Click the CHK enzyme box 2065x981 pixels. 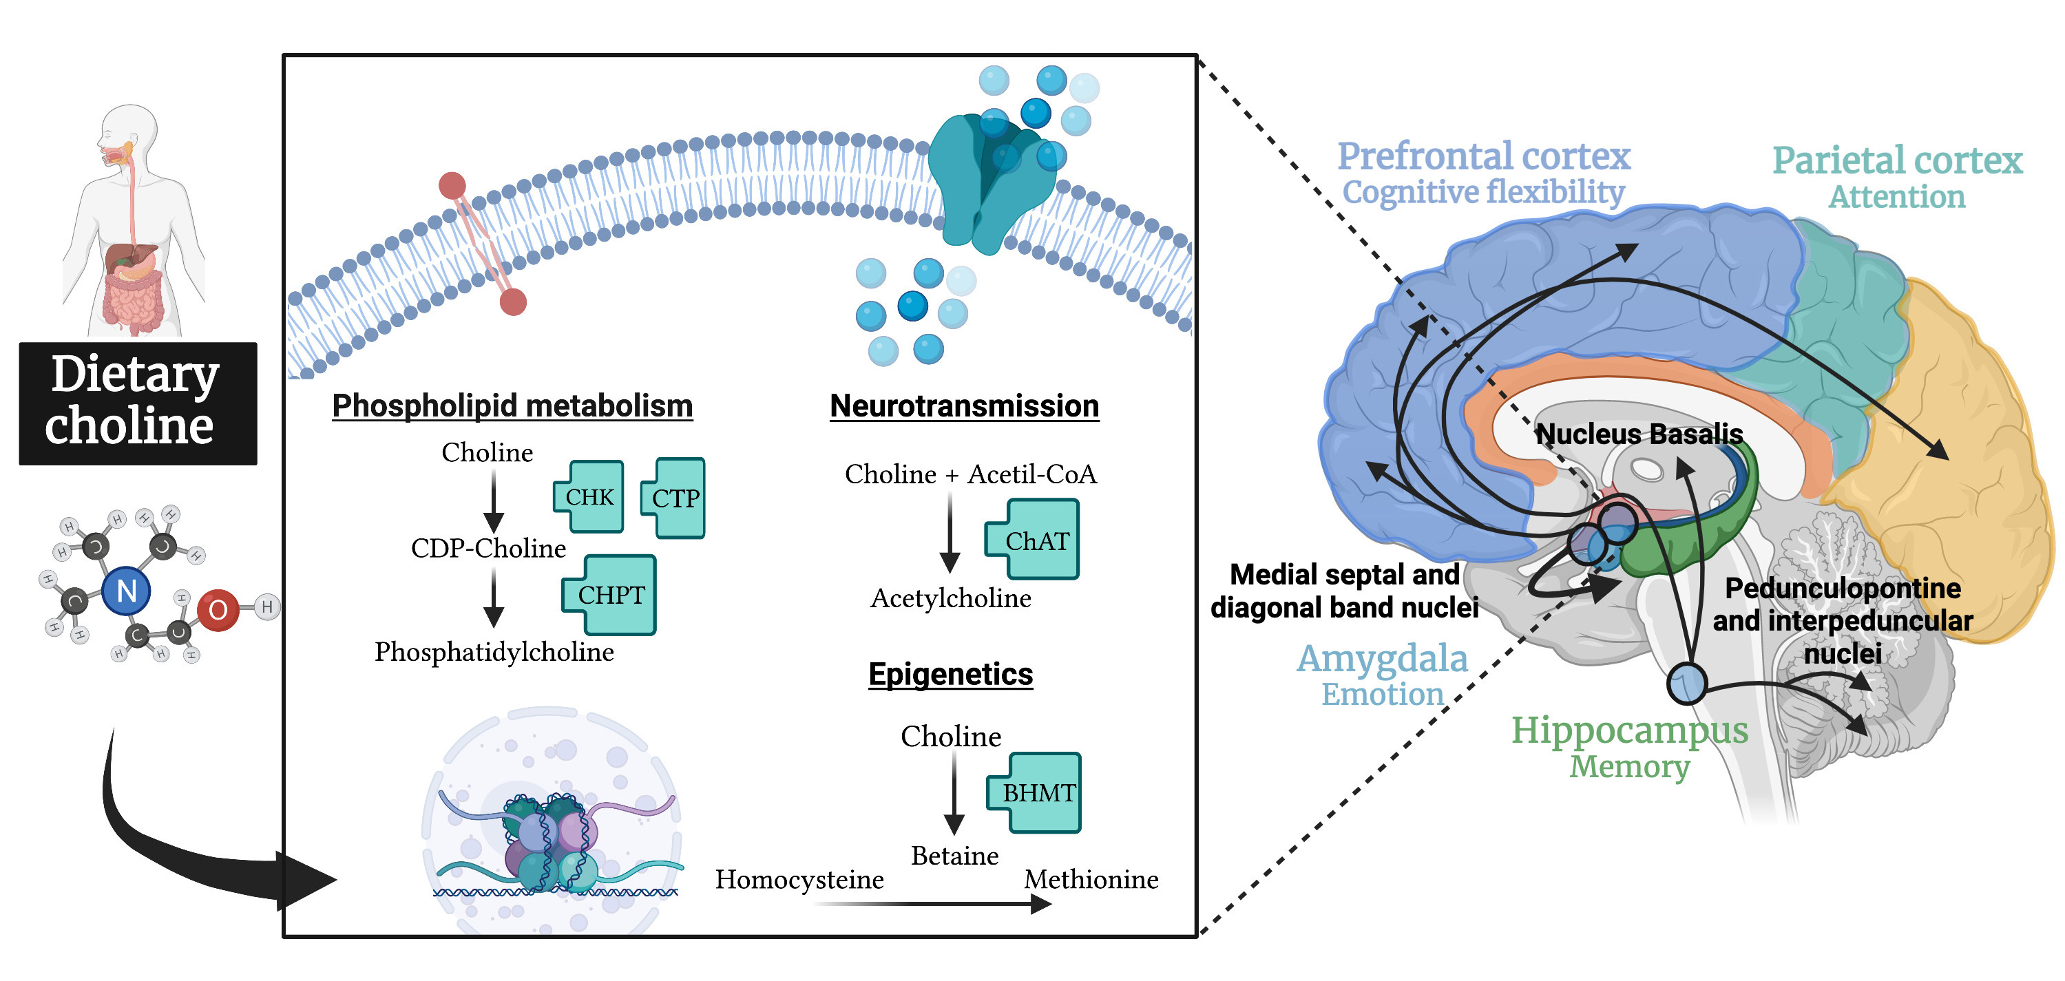(589, 497)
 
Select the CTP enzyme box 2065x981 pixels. (675, 498)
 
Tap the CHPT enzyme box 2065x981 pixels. (611, 595)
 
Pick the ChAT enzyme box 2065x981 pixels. (1036, 540)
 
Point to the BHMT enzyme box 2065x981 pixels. (1038, 792)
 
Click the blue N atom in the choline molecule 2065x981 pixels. (127, 591)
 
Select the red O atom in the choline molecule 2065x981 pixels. (218, 610)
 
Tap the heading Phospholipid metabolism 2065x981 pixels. (512, 405)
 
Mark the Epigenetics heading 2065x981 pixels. (951, 674)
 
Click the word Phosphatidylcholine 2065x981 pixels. (494, 652)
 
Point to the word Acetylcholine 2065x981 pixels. (951, 598)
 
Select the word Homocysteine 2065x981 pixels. (799, 879)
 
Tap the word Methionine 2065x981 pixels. (1091, 879)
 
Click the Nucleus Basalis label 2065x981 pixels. (1639, 434)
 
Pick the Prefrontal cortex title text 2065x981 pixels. (1484, 156)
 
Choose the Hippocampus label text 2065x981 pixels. (1630, 730)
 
